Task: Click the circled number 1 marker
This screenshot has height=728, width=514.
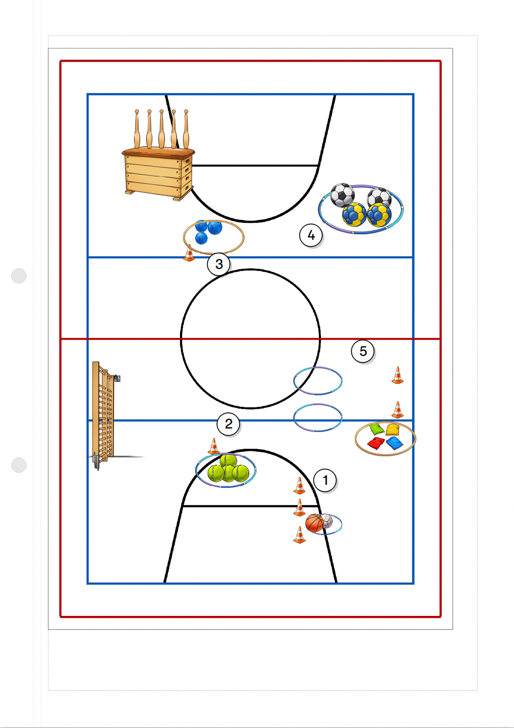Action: [x=325, y=480]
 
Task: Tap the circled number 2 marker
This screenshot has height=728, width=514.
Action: [x=228, y=424]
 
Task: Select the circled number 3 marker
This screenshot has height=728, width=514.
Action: [x=219, y=264]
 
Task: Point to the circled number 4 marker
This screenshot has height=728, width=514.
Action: [x=311, y=235]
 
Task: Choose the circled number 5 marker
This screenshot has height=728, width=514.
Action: [x=363, y=351]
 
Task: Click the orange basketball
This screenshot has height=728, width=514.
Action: [x=315, y=523]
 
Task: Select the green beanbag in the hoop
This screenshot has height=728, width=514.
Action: [x=377, y=429]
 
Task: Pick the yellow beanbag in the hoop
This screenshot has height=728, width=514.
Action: [x=393, y=430]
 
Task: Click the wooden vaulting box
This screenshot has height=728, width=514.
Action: [x=158, y=174]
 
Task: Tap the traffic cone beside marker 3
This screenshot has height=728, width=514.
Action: [x=189, y=253]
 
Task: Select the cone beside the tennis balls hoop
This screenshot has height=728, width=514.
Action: [x=214, y=446]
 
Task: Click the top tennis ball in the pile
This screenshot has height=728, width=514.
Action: [x=228, y=461]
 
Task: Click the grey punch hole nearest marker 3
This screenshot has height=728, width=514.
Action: [x=19, y=276]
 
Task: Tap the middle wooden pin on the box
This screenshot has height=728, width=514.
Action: [x=162, y=129]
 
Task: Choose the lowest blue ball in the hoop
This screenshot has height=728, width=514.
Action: [x=201, y=238]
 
